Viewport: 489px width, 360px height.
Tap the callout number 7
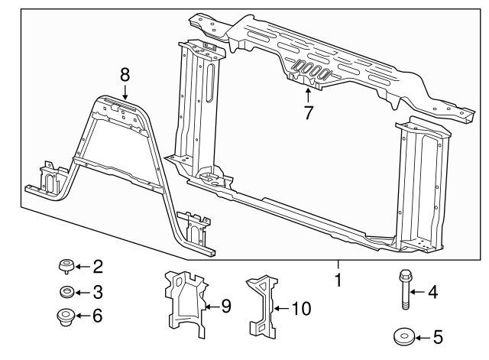point(308,113)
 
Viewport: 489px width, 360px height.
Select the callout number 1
point(337,281)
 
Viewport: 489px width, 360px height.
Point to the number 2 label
point(97,267)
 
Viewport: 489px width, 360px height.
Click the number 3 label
point(97,291)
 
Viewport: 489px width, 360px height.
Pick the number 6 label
point(97,315)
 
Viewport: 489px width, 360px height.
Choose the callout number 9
point(225,307)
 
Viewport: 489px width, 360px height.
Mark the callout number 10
point(302,309)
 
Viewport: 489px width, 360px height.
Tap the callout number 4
point(432,290)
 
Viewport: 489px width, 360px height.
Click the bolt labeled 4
point(403,290)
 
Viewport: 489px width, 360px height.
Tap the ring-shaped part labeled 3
point(66,291)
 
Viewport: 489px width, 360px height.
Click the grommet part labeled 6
point(66,315)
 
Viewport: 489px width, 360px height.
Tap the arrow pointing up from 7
point(308,96)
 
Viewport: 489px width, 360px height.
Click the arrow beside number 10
point(280,309)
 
